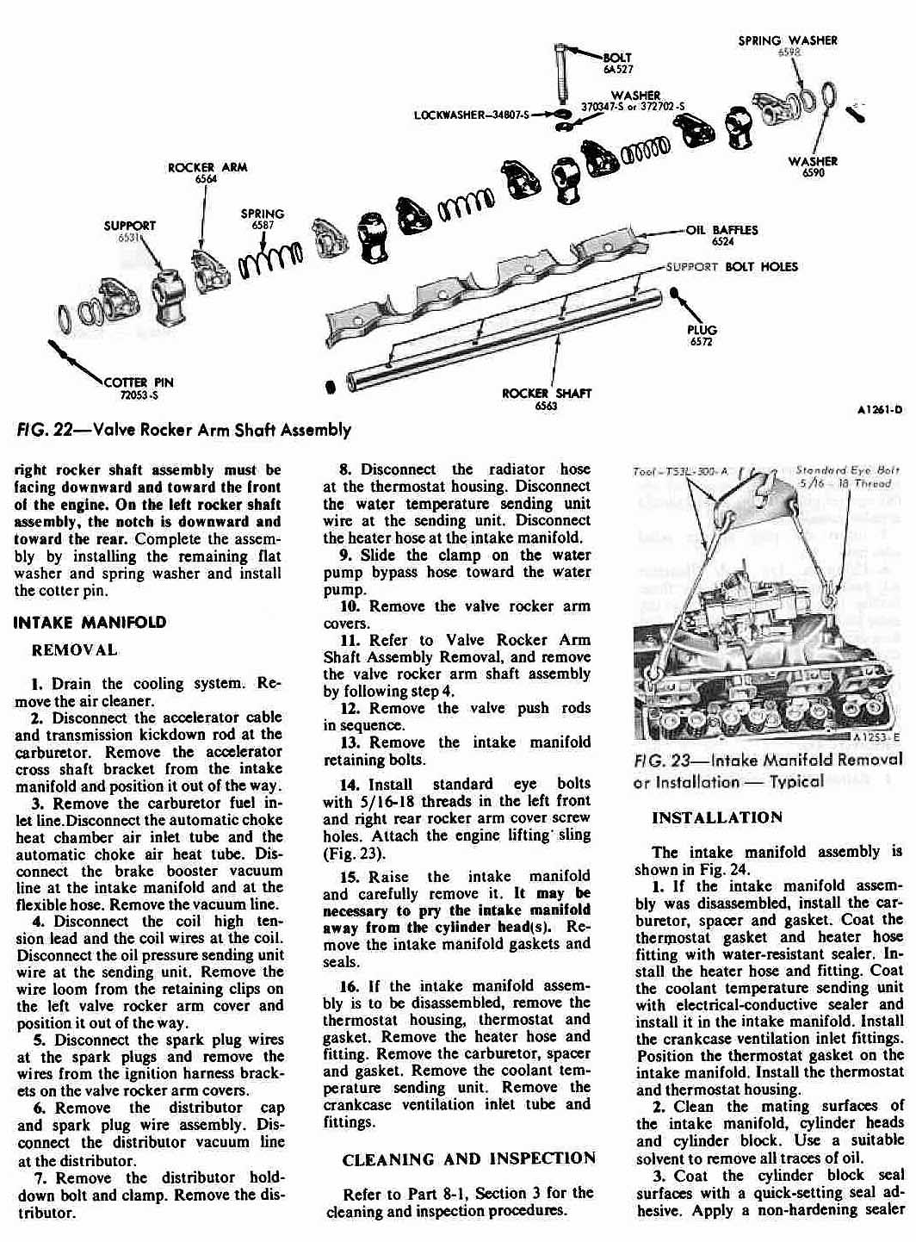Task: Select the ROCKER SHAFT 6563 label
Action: (547, 399)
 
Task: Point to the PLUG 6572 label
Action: (702, 335)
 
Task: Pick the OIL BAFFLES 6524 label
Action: (721, 235)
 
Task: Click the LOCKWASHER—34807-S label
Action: (472, 114)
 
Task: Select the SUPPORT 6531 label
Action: (129, 231)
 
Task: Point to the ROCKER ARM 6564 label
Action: (207, 172)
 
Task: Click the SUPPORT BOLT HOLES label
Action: (732, 267)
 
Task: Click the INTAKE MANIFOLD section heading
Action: (90, 622)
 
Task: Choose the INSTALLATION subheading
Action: (717, 817)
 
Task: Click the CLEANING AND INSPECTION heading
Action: (468, 1158)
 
